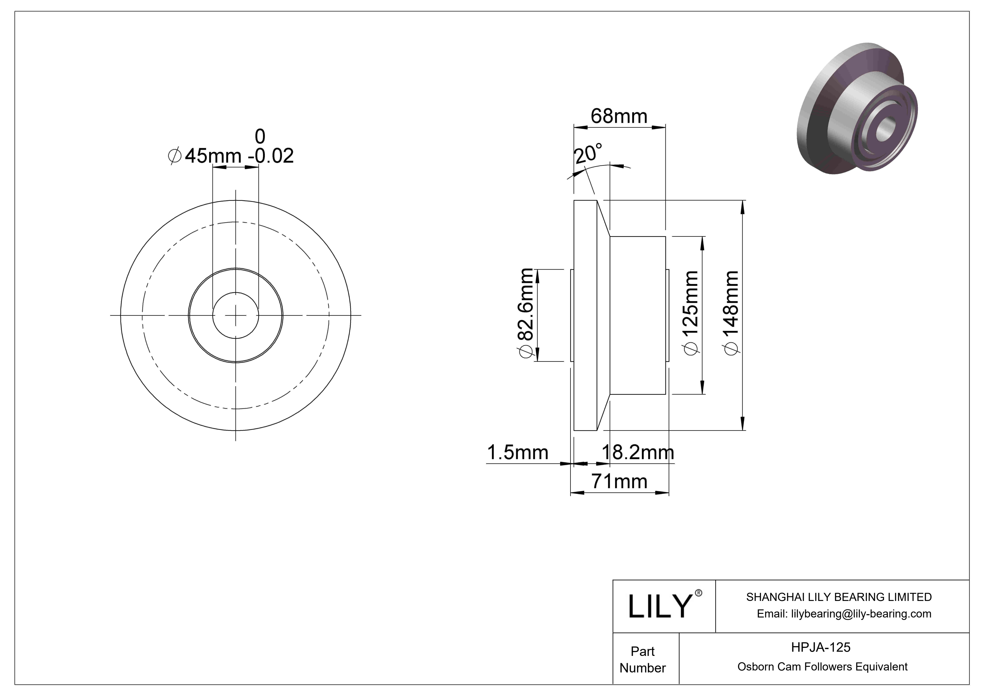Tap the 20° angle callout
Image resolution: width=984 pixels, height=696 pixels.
(588, 154)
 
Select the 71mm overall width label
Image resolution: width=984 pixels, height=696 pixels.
(619, 482)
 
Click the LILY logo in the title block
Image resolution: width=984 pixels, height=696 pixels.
(660, 606)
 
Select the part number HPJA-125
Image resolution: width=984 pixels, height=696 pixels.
(820, 647)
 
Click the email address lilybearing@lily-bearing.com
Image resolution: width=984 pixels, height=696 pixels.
(844, 614)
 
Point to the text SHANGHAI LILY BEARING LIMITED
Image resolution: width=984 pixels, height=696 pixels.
(839, 597)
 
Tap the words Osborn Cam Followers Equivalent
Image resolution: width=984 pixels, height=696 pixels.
(822, 667)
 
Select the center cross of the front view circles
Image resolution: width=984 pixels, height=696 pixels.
(236, 315)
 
